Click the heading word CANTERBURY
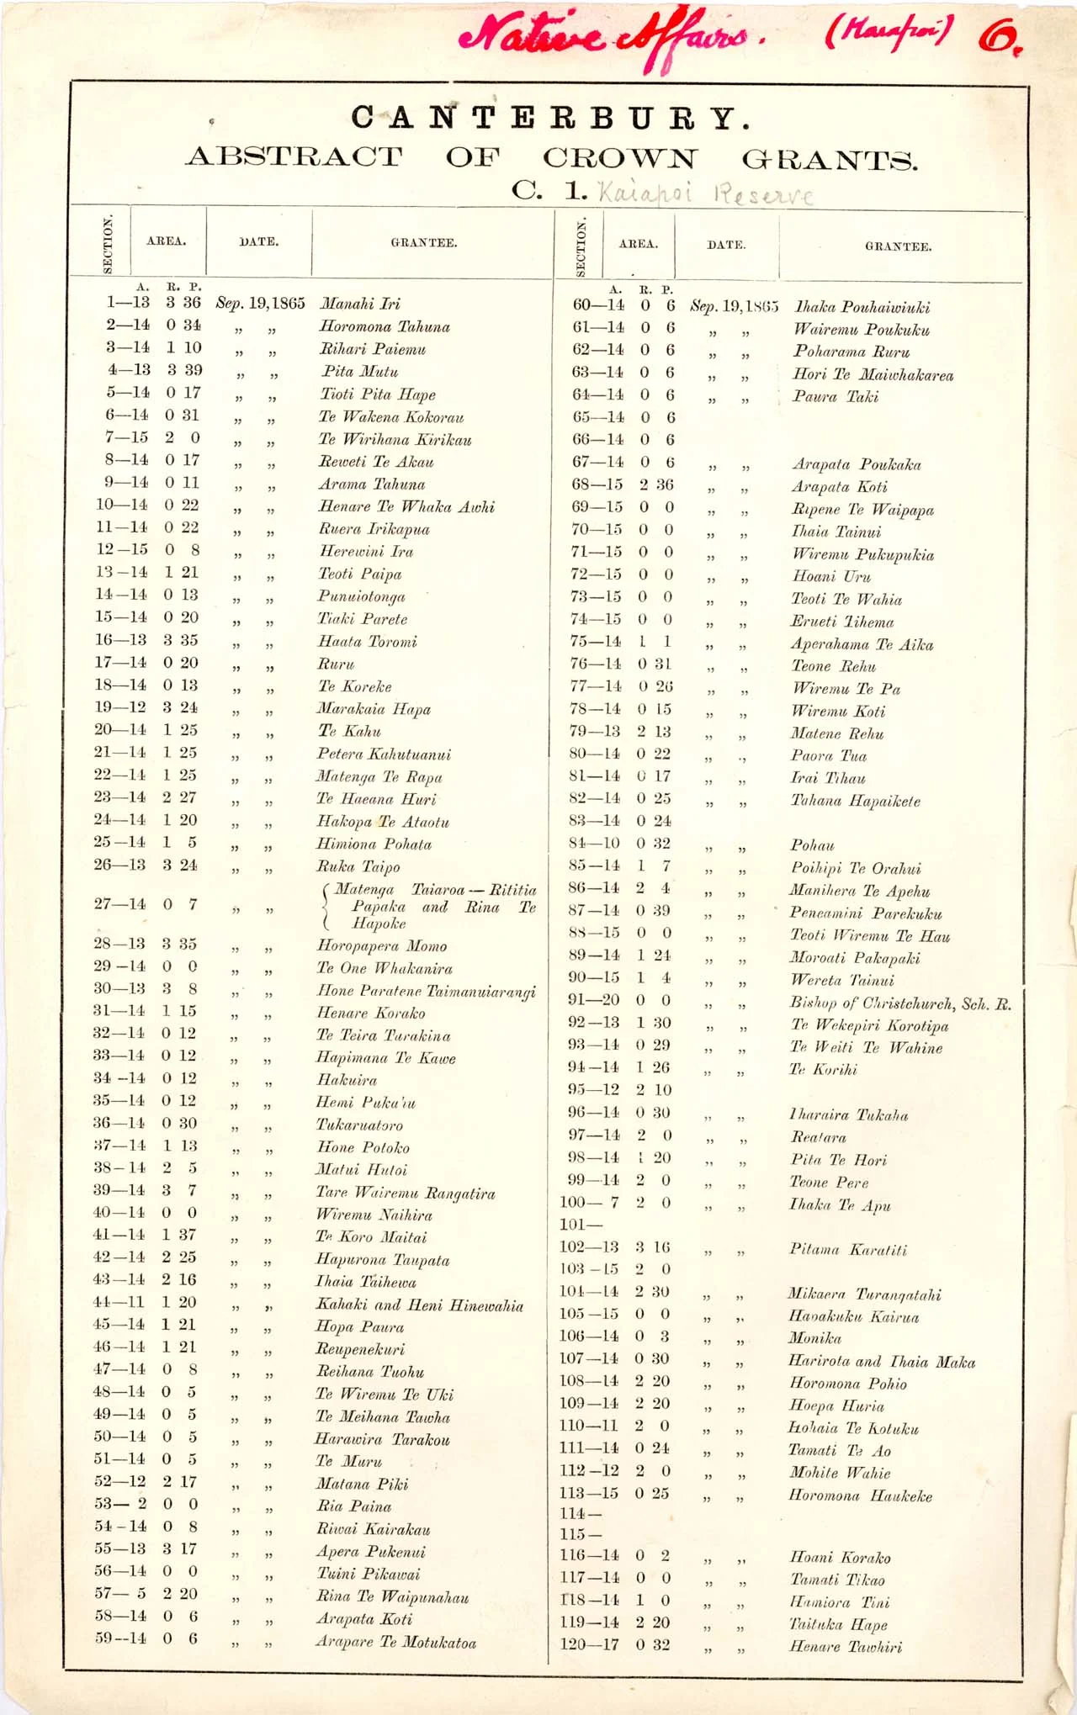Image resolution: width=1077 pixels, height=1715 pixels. click(x=550, y=118)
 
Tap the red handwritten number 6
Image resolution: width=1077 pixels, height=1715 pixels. click(x=1000, y=38)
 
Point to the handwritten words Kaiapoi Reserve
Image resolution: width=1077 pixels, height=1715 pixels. click(x=705, y=194)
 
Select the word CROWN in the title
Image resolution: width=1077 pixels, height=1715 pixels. click(x=620, y=157)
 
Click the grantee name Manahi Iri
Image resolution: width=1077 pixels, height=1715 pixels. click(x=359, y=304)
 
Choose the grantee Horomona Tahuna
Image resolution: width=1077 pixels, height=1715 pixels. click(x=384, y=326)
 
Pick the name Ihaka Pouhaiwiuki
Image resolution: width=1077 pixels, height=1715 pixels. click(x=862, y=307)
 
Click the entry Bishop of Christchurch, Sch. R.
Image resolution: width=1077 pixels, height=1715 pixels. click(x=899, y=1003)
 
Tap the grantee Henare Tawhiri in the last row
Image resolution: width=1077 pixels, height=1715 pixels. click(x=845, y=1647)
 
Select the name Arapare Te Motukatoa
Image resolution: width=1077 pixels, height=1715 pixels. click(x=395, y=1642)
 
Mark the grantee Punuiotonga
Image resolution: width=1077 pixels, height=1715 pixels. click(x=361, y=596)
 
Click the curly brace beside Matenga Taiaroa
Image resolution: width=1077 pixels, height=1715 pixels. click(x=326, y=906)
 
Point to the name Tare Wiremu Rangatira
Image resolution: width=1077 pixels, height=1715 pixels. click(x=405, y=1193)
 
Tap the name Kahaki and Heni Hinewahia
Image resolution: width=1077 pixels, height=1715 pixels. click(x=419, y=1305)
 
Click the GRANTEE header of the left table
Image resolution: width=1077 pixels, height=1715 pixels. click(x=423, y=242)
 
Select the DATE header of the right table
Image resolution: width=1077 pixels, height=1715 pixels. click(x=725, y=245)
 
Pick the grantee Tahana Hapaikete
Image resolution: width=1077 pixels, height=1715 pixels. click(x=855, y=801)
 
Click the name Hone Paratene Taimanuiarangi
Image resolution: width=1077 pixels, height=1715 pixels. click(x=426, y=992)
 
